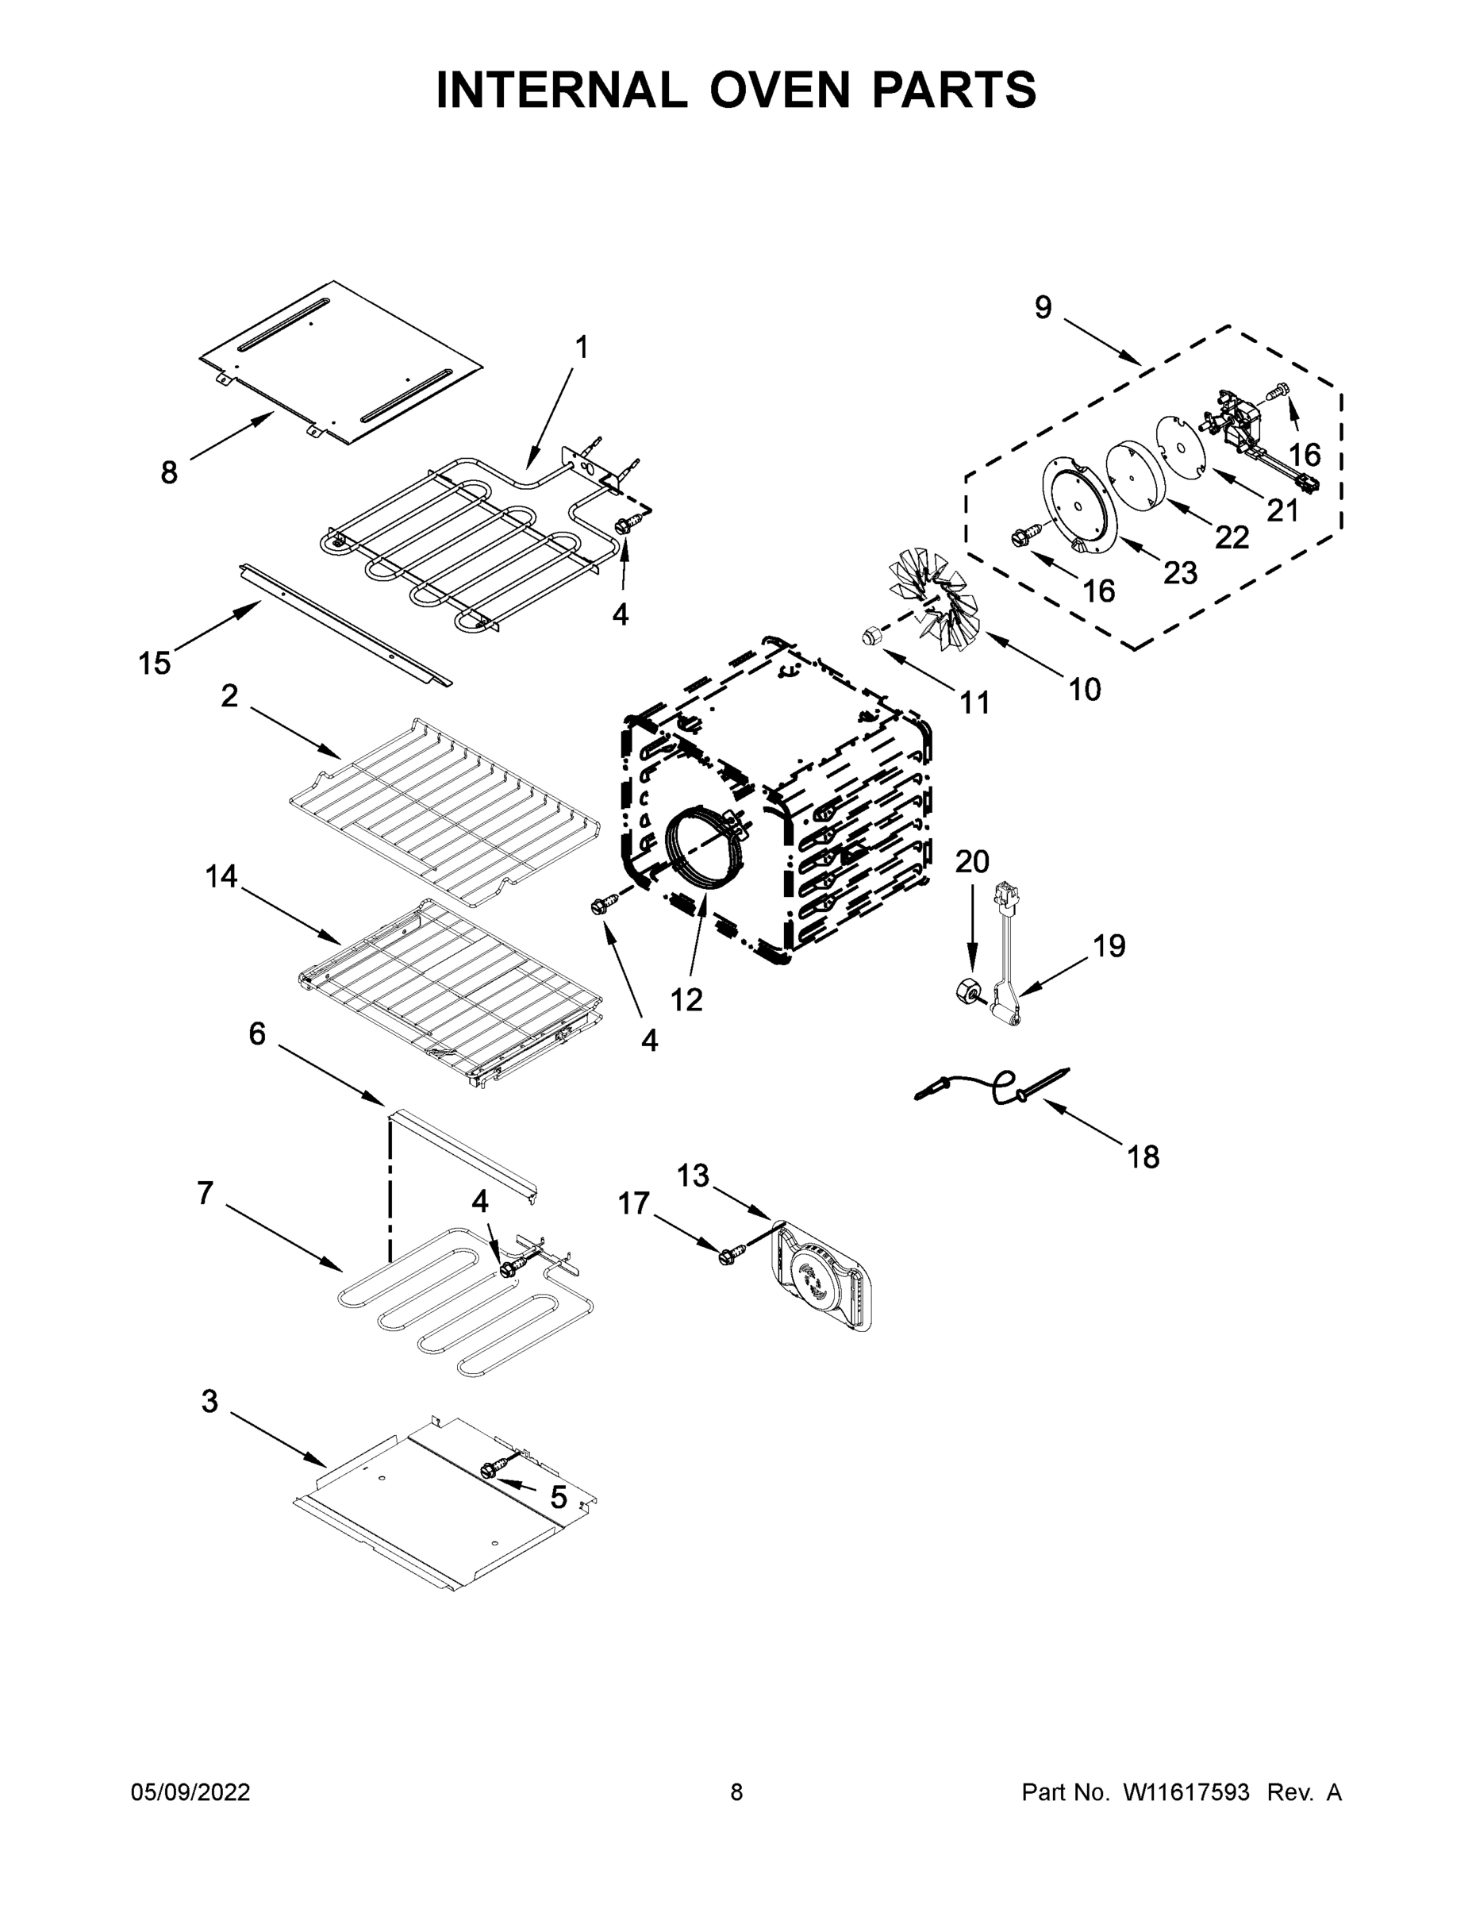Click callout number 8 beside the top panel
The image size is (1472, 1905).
[169, 473]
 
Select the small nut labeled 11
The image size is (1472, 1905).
[870, 636]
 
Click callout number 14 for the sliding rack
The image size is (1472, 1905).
[221, 876]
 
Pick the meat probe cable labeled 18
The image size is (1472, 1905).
[994, 1084]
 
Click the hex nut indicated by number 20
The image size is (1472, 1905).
[966, 991]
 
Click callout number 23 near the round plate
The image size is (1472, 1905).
[1182, 572]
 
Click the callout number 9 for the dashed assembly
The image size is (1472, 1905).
[1043, 307]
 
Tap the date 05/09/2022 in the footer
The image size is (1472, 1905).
[190, 1792]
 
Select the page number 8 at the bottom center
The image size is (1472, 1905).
[736, 1792]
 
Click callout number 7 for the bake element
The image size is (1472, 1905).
[205, 1192]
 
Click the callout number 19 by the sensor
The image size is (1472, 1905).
[1109, 945]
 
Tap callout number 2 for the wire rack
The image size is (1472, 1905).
[229, 695]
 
